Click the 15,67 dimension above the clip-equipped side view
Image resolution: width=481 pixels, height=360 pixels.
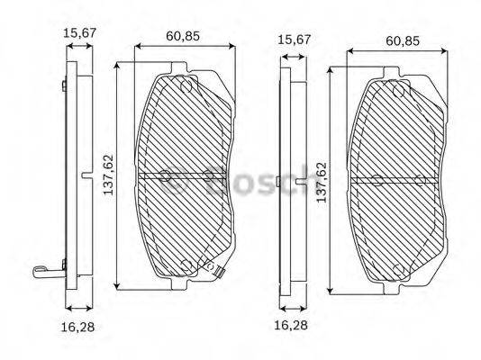click(77, 34)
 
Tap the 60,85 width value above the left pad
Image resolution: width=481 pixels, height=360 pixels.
click(183, 38)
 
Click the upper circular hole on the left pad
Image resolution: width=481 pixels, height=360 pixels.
click(186, 87)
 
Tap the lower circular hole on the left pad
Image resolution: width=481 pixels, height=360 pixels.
click(186, 265)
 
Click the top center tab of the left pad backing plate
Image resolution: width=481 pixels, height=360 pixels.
click(181, 67)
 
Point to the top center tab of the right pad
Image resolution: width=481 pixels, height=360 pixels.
click(393, 70)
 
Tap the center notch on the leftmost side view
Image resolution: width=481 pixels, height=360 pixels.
click(85, 175)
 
